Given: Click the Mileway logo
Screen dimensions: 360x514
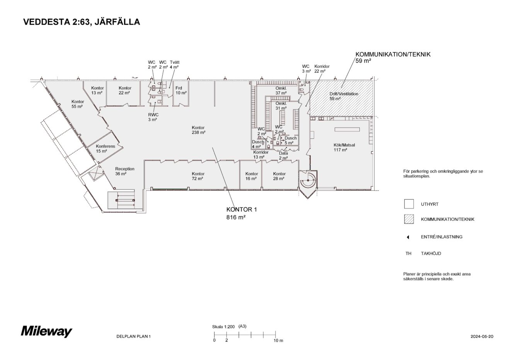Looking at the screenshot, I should pyautogui.click(x=46, y=331).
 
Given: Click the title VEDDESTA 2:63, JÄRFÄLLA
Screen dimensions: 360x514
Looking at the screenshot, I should pyautogui.click(x=82, y=22).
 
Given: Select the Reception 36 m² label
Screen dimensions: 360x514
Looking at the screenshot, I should pyautogui.click(x=124, y=171).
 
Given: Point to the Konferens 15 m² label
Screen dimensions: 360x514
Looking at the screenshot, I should pyautogui.click(x=105, y=148).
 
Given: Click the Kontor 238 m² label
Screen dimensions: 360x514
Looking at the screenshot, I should pyautogui.click(x=198, y=130).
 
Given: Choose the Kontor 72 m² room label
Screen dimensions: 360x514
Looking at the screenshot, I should pyautogui.click(x=198, y=176).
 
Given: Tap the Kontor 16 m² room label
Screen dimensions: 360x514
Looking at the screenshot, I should pyautogui.click(x=251, y=176).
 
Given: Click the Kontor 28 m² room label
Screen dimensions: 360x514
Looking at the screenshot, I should pyautogui.click(x=279, y=176).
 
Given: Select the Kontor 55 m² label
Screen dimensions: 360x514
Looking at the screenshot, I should pyautogui.click(x=77, y=104).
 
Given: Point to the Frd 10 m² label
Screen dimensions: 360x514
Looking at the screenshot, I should pyautogui.click(x=180, y=90).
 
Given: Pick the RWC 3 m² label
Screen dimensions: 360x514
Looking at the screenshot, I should pyautogui.click(x=153, y=117).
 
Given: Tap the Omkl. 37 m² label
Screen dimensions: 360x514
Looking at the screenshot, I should pyautogui.click(x=281, y=90).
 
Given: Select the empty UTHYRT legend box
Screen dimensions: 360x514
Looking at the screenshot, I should pyautogui.click(x=408, y=204).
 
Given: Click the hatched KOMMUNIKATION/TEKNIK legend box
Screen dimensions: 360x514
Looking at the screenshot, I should pyautogui.click(x=408, y=219).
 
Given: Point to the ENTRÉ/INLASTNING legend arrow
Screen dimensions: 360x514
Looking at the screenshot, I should pyautogui.click(x=408, y=237).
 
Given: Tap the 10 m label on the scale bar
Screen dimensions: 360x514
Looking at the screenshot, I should pyautogui.click(x=278, y=341).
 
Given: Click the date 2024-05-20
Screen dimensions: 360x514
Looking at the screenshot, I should pyautogui.click(x=482, y=336).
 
